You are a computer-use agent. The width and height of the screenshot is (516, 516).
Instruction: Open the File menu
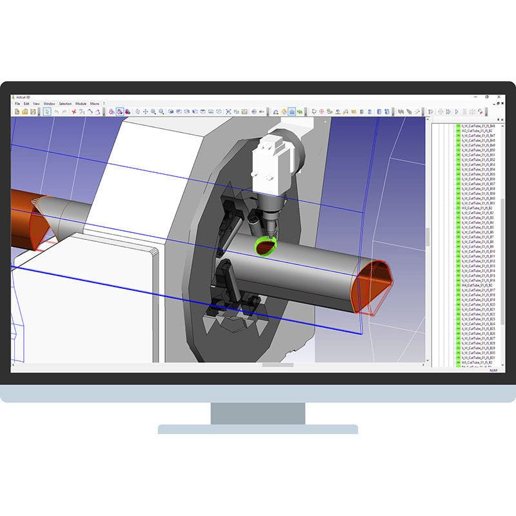pos(17,103)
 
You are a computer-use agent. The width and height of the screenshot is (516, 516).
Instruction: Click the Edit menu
pos(26,103)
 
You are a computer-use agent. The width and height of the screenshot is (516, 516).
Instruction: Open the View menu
pos(36,103)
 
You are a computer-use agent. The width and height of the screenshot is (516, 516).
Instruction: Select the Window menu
pos(49,103)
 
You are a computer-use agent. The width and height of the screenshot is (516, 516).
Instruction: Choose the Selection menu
pos(65,103)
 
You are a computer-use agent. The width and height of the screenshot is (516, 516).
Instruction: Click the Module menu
pos(81,103)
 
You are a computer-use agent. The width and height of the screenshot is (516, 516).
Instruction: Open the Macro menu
pos(94,103)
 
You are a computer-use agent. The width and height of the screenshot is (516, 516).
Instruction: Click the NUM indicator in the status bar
pos(493,370)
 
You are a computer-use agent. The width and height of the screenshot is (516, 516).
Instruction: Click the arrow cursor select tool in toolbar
pos(47,112)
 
